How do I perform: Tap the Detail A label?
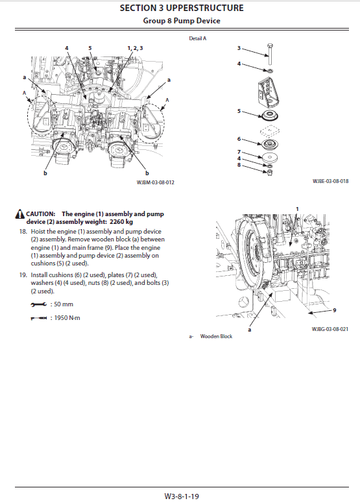(197, 39)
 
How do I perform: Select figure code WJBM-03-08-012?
(156, 182)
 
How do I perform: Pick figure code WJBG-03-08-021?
(330, 329)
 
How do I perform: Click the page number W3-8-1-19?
(182, 495)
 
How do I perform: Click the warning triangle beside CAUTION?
(20, 214)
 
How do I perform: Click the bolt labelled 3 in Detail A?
(268, 56)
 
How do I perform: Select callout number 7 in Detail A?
(239, 151)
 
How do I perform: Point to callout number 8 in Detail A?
(239, 166)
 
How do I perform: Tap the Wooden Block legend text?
(216, 336)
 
